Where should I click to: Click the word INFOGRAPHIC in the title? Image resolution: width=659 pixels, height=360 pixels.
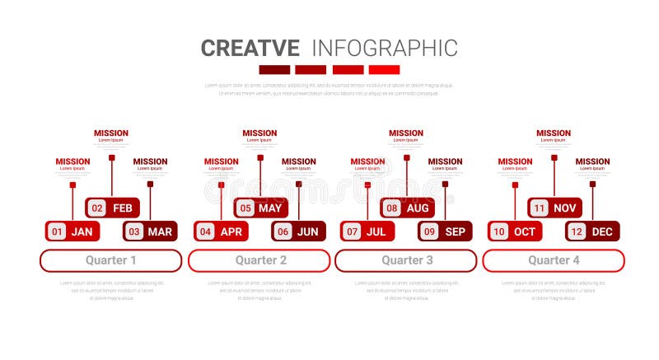point(385,48)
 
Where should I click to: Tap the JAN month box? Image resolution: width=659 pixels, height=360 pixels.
point(72,231)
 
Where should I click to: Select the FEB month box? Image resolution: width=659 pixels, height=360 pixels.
point(113,208)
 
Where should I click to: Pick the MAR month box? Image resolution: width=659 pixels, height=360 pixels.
point(151,231)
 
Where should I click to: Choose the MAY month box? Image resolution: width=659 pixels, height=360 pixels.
point(261,208)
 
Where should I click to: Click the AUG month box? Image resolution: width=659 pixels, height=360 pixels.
point(408,208)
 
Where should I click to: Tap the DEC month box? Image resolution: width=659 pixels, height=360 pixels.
point(593,231)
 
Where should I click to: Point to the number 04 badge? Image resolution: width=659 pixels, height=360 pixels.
point(206,231)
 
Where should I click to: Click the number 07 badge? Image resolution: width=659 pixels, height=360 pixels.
point(352,231)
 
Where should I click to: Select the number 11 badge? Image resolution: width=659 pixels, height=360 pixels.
point(539,208)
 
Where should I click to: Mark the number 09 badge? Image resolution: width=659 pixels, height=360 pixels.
point(429,231)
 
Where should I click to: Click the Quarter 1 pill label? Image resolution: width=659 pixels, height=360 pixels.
point(111,260)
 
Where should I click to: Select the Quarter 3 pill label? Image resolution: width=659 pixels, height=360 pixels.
point(405,260)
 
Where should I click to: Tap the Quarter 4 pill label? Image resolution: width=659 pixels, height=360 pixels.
point(553,260)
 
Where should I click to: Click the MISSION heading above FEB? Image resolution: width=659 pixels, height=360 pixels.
point(111,133)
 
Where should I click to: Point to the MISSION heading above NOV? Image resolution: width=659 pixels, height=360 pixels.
point(554,133)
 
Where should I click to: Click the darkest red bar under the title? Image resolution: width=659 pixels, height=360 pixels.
point(274,70)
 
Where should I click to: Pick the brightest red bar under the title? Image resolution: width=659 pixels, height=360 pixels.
point(384,70)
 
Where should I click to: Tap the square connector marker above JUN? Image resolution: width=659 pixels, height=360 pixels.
point(298,184)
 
